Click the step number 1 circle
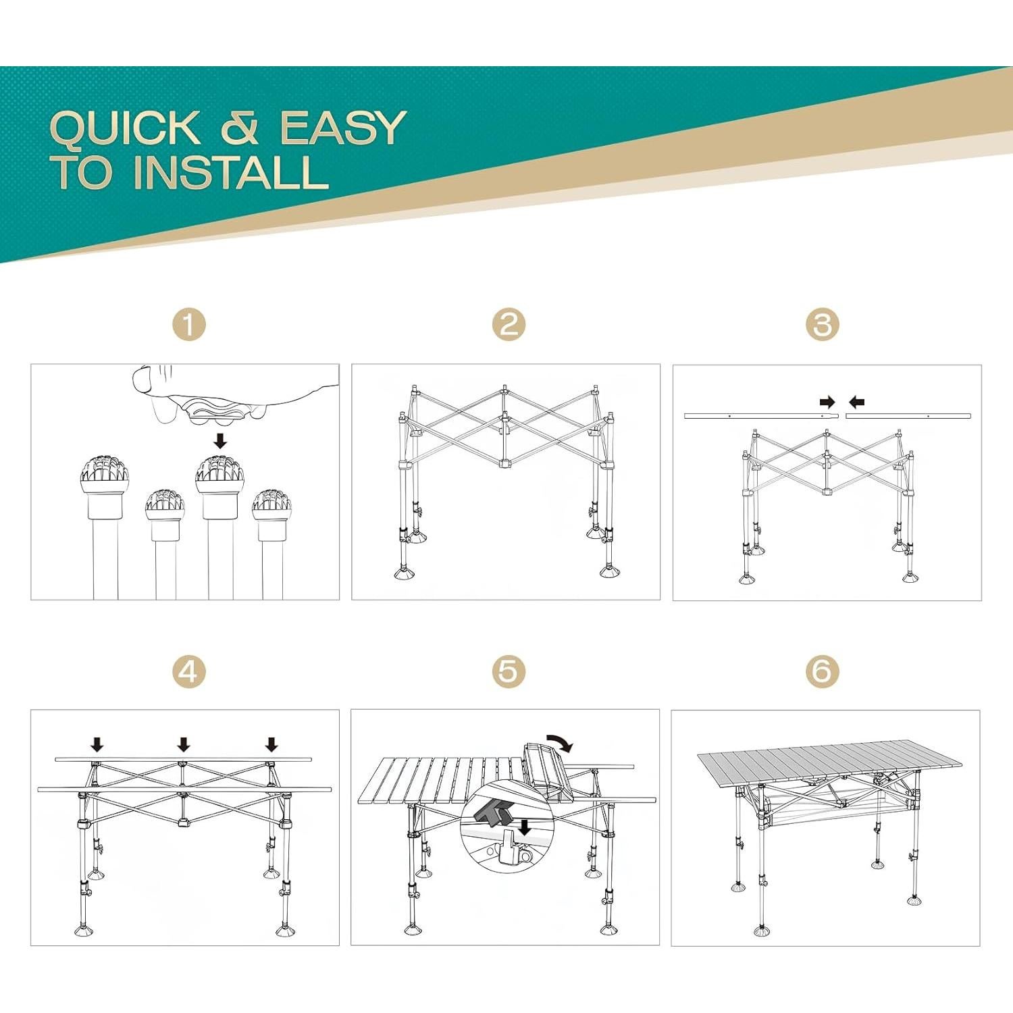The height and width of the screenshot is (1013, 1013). point(188,325)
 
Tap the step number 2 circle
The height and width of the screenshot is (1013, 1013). point(509,325)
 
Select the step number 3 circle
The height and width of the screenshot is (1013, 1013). point(822,325)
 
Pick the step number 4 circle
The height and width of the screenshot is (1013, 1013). point(188,671)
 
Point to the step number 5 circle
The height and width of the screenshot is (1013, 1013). point(509,671)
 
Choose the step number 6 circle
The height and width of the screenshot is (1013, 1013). point(822,671)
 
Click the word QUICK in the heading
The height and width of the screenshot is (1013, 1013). point(126,128)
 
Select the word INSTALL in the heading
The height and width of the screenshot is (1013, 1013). point(231,172)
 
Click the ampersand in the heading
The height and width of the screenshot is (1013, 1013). point(240,128)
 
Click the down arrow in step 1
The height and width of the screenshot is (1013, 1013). point(220,441)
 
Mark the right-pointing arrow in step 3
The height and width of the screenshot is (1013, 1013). point(827,402)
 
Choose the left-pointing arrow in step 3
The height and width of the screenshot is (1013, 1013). point(856,402)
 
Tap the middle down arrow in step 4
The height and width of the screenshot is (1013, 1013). point(184,744)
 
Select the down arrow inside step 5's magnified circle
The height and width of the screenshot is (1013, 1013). point(524,827)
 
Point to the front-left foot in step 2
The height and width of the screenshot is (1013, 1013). point(405,573)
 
